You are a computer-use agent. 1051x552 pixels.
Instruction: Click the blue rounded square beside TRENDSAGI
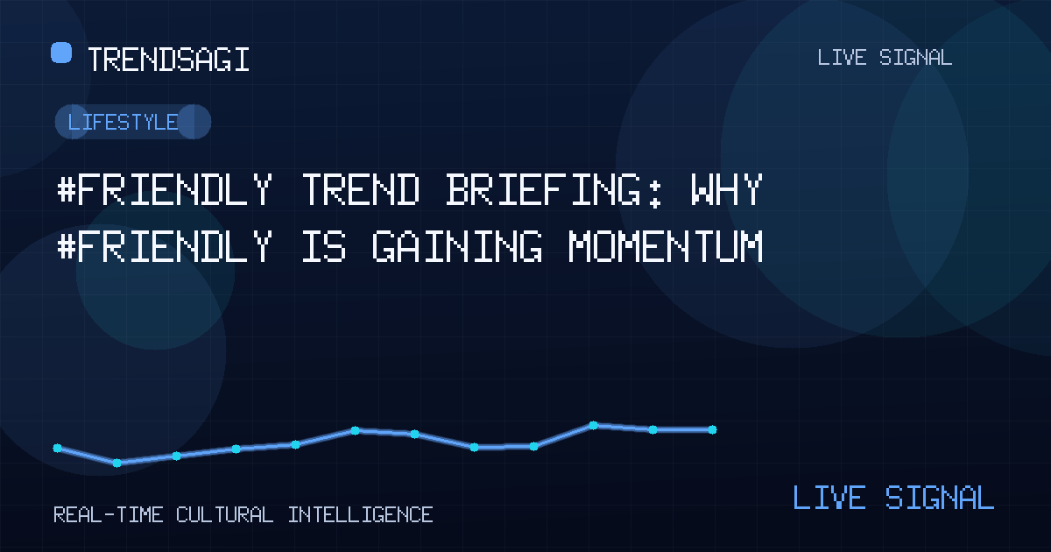pyautogui.click(x=61, y=53)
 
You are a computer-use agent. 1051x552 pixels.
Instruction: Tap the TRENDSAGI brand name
pyautogui.click(x=168, y=60)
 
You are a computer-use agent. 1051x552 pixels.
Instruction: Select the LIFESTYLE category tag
pyautogui.click(x=133, y=122)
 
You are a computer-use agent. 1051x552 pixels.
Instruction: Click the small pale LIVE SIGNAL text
pyautogui.click(x=885, y=58)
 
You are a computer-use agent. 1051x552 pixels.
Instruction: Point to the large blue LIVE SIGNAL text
pyautogui.click(x=893, y=497)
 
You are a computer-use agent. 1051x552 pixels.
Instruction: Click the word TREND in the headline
pyautogui.click(x=360, y=189)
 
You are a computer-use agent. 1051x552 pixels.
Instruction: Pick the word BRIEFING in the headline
pyautogui.click(x=543, y=189)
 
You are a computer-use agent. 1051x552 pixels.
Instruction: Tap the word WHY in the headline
pyautogui.click(x=726, y=189)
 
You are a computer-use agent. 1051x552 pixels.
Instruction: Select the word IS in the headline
pyautogui.click(x=324, y=246)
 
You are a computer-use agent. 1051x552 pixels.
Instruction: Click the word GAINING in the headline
pyautogui.click(x=457, y=246)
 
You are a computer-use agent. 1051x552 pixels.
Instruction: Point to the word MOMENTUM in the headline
pyautogui.click(x=666, y=246)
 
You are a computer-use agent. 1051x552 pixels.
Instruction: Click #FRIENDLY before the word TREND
pyautogui.click(x=165, y=189)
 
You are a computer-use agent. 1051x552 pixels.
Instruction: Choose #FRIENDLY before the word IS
pyautogui.click(x=165, y=246)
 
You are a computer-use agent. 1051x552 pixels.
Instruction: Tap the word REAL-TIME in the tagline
pyautogui.click(x=109, y=515)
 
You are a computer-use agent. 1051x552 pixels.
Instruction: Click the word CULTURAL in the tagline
pyautogui.click(x=224, y=515)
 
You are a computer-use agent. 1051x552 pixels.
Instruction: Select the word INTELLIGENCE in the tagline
pyautogui.click(x=360, y=515)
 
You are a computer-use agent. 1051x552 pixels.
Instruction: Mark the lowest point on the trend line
pyautogui.click(x=116, y=464)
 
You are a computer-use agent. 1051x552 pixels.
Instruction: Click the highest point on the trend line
pyautogui.click(x=593, y=425)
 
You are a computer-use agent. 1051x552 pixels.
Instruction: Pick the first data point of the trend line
pyautogui.click(x=57, y=448)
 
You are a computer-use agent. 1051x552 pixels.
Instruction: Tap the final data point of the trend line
pyautogui.click(x=712, y=429)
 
